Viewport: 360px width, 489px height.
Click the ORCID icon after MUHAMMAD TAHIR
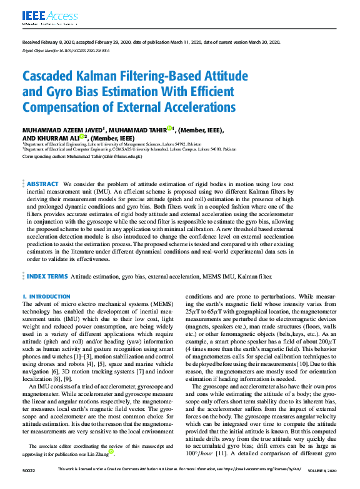pos(169,129)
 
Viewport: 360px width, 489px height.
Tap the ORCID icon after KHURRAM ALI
pos(82,137)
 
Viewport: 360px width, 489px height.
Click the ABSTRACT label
pos(43,184)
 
